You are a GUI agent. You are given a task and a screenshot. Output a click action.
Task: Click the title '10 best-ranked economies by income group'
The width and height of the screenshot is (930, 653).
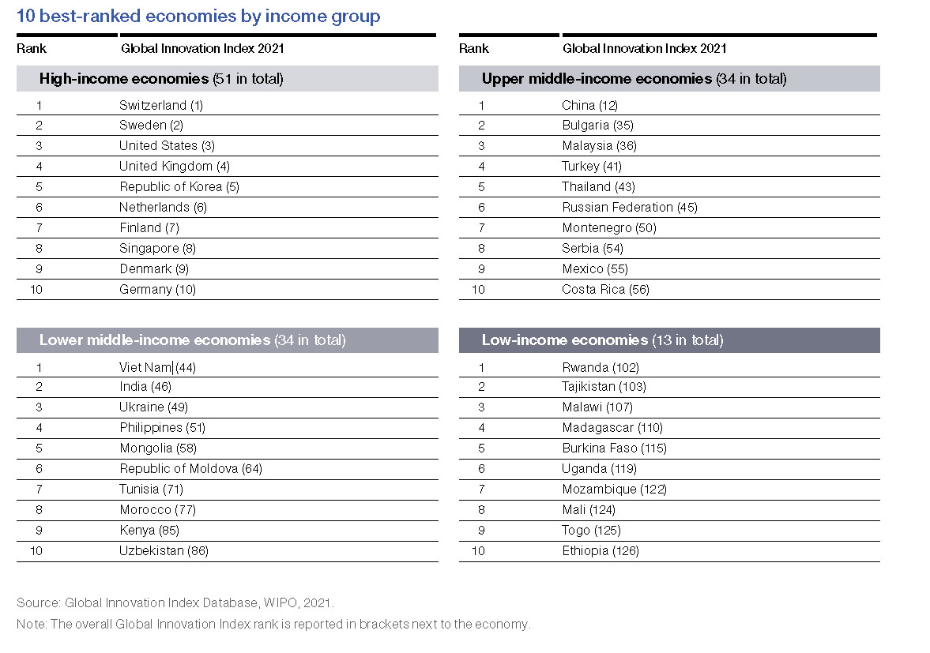click(x=198, y=16)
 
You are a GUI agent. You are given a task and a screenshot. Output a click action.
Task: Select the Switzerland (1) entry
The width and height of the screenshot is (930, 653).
click(x=161, y=106)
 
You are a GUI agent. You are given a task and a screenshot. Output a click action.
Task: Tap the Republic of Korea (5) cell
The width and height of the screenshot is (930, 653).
click(x=179, y=186)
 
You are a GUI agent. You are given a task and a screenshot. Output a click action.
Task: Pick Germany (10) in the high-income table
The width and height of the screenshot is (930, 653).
click(x=157, y=289)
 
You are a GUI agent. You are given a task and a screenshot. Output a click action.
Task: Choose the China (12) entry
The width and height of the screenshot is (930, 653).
click(x=589, y=106)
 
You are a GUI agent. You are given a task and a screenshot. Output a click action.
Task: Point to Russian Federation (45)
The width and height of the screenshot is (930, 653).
click(x=629, y=208)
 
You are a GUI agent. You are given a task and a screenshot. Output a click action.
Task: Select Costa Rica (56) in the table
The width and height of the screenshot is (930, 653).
click(x=605, y=289)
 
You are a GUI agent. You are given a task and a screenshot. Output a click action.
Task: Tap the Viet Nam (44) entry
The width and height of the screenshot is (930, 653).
click(x=157, y=367)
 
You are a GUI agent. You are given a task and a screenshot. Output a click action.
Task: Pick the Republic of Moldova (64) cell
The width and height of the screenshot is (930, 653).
click(x=190, y=469)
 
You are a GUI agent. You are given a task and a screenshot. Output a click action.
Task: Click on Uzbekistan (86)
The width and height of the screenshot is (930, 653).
click(x=164, y=550)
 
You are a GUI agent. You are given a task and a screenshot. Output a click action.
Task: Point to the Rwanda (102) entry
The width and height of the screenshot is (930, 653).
click(x=601, y=367)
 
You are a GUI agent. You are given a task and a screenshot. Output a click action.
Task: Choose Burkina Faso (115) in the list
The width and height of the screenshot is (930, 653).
click(x=614, y=448)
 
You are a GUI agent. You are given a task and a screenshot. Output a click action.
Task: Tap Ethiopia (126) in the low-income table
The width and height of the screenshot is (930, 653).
click(x=601, y=550)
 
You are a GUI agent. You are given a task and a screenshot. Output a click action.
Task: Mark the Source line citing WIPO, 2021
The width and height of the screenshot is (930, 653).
click(x=175, y=602)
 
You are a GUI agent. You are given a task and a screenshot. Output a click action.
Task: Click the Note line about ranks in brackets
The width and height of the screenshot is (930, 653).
click(x=273, y=624)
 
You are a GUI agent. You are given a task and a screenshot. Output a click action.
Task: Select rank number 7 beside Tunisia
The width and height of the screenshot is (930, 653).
click(x=40, y=490)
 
